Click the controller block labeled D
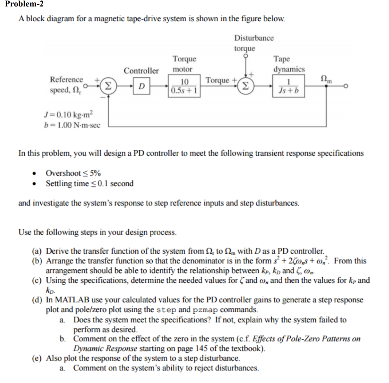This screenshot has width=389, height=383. [x=141, y=86]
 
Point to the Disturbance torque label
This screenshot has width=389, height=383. [x=253, y=43]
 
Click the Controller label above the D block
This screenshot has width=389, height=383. [x=141, y=71]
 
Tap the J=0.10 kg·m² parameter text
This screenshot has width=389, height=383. [x=66, y=115]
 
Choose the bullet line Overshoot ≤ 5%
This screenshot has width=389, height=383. [x=73, y=173]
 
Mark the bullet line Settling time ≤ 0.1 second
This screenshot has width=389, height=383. [x=90, y=184]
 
